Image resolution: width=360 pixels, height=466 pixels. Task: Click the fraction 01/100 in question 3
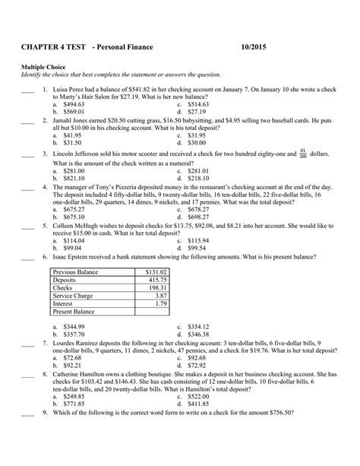tap(303, 153)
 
